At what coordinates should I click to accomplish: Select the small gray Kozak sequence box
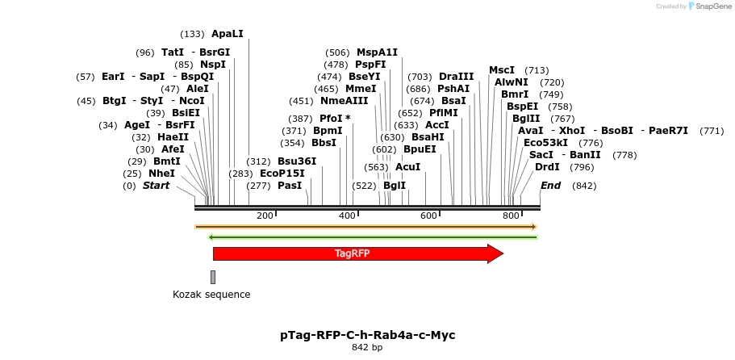coord(213,277)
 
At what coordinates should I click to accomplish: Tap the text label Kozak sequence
coord(211,295)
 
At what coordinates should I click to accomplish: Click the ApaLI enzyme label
coord(227,34)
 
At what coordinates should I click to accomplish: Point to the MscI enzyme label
coord(502,70)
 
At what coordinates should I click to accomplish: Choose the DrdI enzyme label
coord(547,167)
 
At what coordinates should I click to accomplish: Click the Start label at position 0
coord(157,186)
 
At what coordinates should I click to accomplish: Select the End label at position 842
coord(550,186)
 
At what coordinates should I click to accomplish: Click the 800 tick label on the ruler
coord(510,216)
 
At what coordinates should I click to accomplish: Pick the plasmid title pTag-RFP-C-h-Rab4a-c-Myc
coord(367,334)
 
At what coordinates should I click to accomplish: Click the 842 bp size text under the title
coord(367,348)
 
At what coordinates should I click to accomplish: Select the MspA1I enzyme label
coord(377,52)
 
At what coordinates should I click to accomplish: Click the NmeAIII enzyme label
coord(344,101)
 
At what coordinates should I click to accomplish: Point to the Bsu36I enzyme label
coord(297,161)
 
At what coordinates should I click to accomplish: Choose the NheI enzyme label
coord(161,174)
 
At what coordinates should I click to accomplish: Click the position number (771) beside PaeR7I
coord(712,131)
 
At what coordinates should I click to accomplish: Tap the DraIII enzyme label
coord(456,77)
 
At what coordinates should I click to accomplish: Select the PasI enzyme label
coord(290,186)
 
